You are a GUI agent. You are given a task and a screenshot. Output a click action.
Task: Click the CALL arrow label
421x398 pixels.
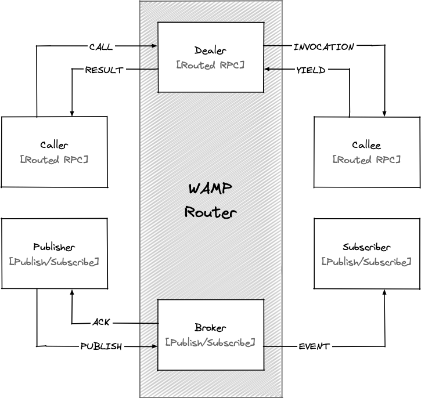click(x=101, y=47)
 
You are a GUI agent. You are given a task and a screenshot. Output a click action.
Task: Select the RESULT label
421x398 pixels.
click(x=104, y=70)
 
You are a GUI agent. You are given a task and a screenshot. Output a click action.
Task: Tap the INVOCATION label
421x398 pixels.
click(x=324, y=47)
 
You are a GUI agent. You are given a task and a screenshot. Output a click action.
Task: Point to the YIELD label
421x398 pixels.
click(x=311, y=70)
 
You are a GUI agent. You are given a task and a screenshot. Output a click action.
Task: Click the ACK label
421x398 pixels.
click(x=101, y=322)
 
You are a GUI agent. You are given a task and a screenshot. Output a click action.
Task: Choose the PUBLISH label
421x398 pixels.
click(x=101, y=346)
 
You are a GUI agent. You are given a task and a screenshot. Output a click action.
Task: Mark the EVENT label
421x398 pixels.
click(x=314, y=346)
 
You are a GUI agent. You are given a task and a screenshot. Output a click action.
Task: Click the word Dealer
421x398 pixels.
click(x=210, y=50)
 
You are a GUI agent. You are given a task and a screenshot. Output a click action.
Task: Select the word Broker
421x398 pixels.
click(x=210, y=327)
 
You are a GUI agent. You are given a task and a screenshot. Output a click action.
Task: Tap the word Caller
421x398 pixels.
click(x=54, y=145)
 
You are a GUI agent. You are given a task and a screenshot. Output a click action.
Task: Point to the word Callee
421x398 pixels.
click(x=366, y=145)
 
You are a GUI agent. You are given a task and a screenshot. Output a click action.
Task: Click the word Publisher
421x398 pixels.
click(x=54, y=247)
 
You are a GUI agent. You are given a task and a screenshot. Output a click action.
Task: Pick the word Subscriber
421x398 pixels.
click(x=366, y=247)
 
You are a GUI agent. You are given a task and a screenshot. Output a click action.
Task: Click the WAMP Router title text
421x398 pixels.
click(x=210, y=200)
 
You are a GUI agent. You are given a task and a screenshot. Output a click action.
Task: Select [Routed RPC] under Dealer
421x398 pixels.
click(x=210, y=65)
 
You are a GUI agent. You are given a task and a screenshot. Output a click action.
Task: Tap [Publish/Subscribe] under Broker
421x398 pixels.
click(x=210, y=342)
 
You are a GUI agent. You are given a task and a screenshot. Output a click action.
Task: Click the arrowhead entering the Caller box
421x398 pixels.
click(x=72, y=114)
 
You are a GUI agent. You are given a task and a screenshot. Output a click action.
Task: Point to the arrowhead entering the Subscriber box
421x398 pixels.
click(x=384, y=292)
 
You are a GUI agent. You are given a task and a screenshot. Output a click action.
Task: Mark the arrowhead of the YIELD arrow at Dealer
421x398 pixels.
click(x=268, y=69)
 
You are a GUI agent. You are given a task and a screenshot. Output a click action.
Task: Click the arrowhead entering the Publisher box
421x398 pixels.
click(x=72, y=292)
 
